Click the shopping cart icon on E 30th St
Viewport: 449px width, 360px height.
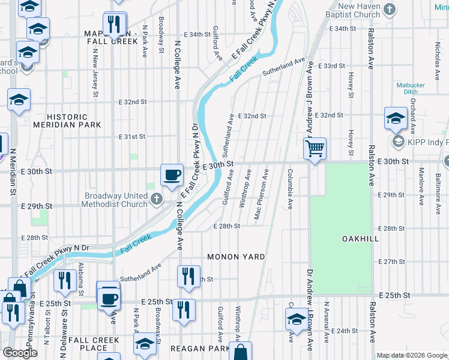pos(315,148)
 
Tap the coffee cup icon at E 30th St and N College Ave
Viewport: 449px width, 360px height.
pos(172,175)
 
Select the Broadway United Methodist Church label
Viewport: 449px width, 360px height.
pos(116,200)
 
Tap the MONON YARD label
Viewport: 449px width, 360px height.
pos(236,257)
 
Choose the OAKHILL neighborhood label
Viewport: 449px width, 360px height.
pos(360,239)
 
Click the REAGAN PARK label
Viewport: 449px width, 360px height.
pos(200,349)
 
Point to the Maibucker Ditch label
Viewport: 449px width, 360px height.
pos(411,89)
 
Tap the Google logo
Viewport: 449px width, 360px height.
pos(20,353)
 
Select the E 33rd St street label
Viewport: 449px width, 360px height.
pos(330,65)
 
